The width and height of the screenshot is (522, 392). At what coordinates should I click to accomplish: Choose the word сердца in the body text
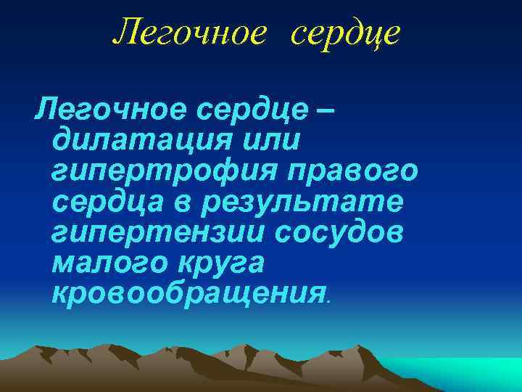[x=108, y=203]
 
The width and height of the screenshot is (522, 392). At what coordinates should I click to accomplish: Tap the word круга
[x=225, y=265]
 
